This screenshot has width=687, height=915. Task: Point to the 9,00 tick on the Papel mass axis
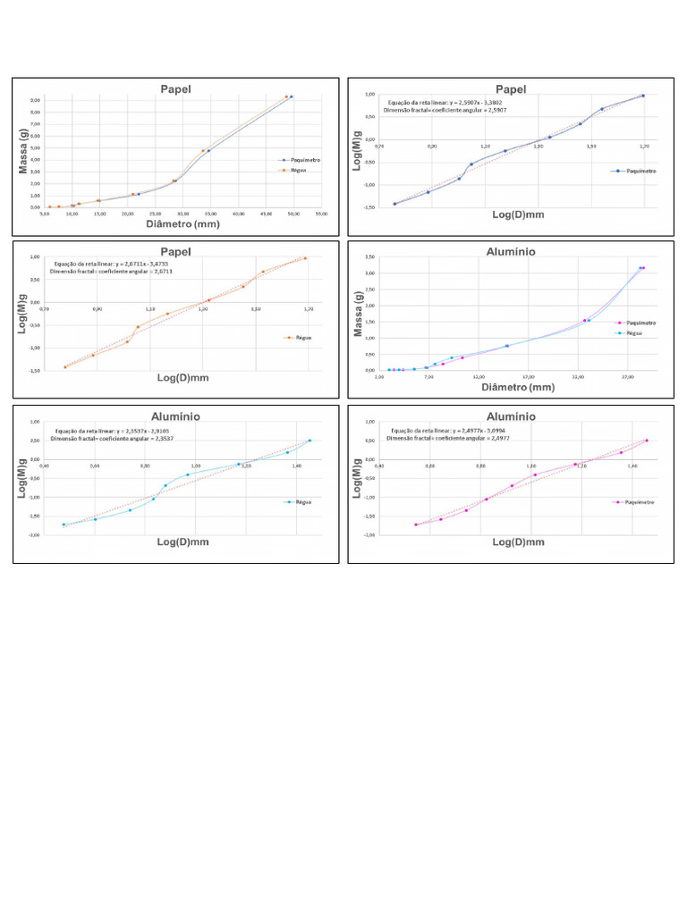click(35, 100)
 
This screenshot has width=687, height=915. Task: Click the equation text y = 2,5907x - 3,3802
click(428, 103)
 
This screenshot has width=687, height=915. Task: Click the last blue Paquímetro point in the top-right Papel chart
click(642, 96)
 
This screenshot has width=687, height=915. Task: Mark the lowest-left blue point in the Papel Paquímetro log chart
click(394, 204)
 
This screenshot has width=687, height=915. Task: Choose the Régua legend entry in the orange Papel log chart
click(298, 337)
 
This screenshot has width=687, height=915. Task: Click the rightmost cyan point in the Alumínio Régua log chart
click(310, 441)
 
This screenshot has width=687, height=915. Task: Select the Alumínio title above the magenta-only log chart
click(511, 416)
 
